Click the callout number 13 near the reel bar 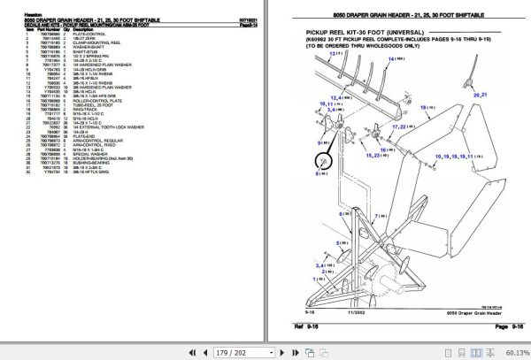pyautogui.click(x=335, y=55)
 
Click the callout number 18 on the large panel pyautogui.click(x=427, y=107)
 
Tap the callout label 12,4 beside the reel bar pyautogui.click(x=337, y=97)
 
